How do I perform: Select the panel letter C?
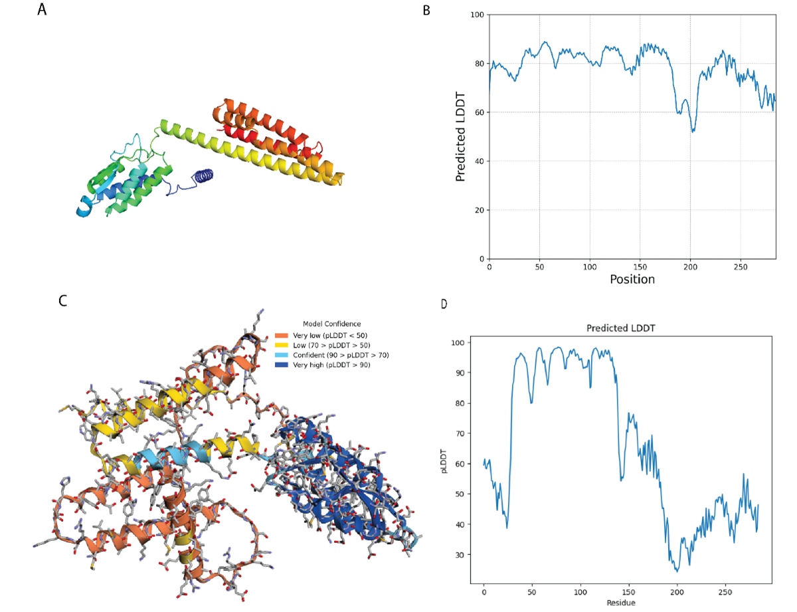[x=62, y=300]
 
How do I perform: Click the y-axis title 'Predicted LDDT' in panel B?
[x=461, y=136]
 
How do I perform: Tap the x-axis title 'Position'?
[x=632, y=279]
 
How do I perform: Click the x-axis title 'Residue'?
[x=620, y=603]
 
